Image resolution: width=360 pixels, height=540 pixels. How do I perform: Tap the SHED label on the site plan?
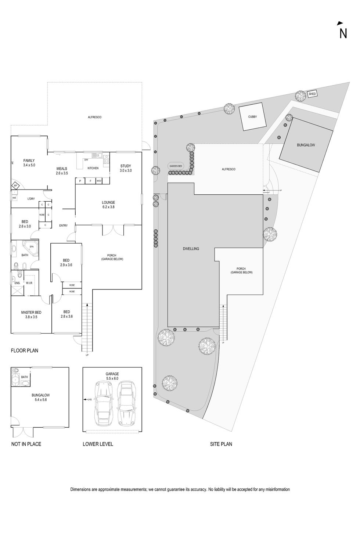[312, 94]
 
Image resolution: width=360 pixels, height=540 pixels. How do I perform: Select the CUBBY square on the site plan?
[252, 117]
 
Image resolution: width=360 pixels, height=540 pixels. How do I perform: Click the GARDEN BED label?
[176, 166]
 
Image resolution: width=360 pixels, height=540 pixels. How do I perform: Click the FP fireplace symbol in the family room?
[15, 186]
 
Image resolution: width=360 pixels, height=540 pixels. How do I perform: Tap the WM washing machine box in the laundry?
[14, 198]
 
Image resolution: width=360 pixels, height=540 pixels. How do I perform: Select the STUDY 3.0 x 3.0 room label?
[126, 168]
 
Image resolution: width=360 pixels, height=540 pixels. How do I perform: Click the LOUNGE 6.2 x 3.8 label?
[108, 205]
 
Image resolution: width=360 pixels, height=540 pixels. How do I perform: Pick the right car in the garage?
[126, 402]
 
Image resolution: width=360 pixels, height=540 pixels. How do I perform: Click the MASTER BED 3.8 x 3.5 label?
[31, 314]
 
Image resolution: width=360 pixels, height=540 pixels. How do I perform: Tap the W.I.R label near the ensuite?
[29, 283]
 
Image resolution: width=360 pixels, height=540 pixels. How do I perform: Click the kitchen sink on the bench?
[97, 156]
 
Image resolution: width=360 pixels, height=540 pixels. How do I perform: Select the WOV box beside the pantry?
[99, 181]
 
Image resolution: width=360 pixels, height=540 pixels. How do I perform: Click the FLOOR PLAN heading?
[25, 350]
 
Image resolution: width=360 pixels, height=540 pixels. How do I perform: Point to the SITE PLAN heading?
[221, 444]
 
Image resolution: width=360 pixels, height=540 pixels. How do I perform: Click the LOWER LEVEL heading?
[98, 444]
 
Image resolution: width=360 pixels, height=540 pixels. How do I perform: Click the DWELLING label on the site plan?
[191, 249]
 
